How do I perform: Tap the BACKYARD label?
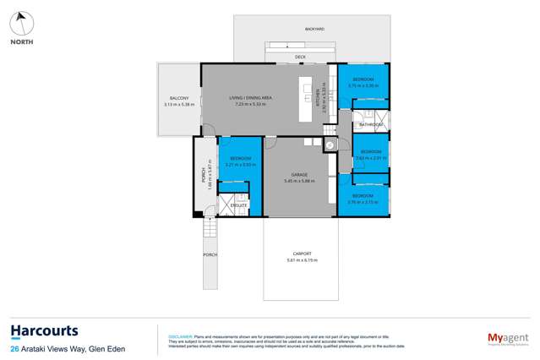315,29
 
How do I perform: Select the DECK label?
300,57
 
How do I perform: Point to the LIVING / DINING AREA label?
250,98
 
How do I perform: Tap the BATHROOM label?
370,125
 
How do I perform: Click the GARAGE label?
299,175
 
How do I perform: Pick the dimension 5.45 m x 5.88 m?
299,181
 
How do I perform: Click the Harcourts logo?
44,330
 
